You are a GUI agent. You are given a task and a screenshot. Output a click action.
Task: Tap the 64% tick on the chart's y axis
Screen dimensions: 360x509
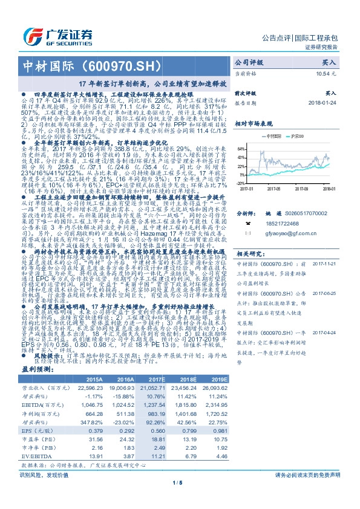[240, 148]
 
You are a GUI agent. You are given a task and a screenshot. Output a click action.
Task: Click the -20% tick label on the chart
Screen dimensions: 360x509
[240, 182]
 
